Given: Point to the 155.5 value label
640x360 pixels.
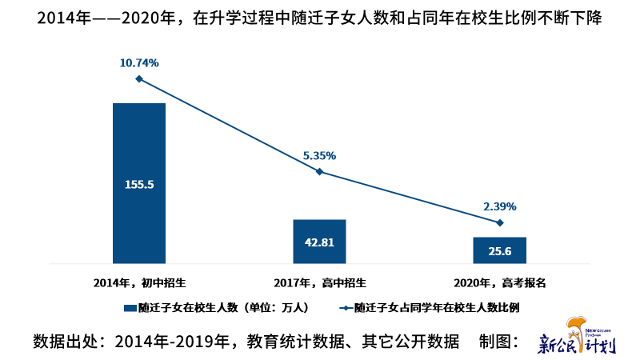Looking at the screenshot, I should pos(139,184).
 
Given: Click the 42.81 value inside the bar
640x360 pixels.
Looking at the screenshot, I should pos(319,242).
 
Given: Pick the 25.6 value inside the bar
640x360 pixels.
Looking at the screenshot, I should pos(500,250).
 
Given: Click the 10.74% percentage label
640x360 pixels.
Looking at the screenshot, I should pos(139,62).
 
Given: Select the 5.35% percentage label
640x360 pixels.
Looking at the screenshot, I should pos(319,156).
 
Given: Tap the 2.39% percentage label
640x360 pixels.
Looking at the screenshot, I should pos(500,206).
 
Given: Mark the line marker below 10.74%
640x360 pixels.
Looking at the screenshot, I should pos(139,78).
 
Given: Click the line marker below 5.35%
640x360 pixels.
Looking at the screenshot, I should pos(319,171).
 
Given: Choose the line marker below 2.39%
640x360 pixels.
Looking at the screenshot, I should pos(500,222).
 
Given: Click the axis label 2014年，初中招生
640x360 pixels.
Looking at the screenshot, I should pos(139,282).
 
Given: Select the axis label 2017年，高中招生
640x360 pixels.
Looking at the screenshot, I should pos(319,282).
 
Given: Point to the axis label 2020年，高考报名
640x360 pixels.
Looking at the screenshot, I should pos(500,282).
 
